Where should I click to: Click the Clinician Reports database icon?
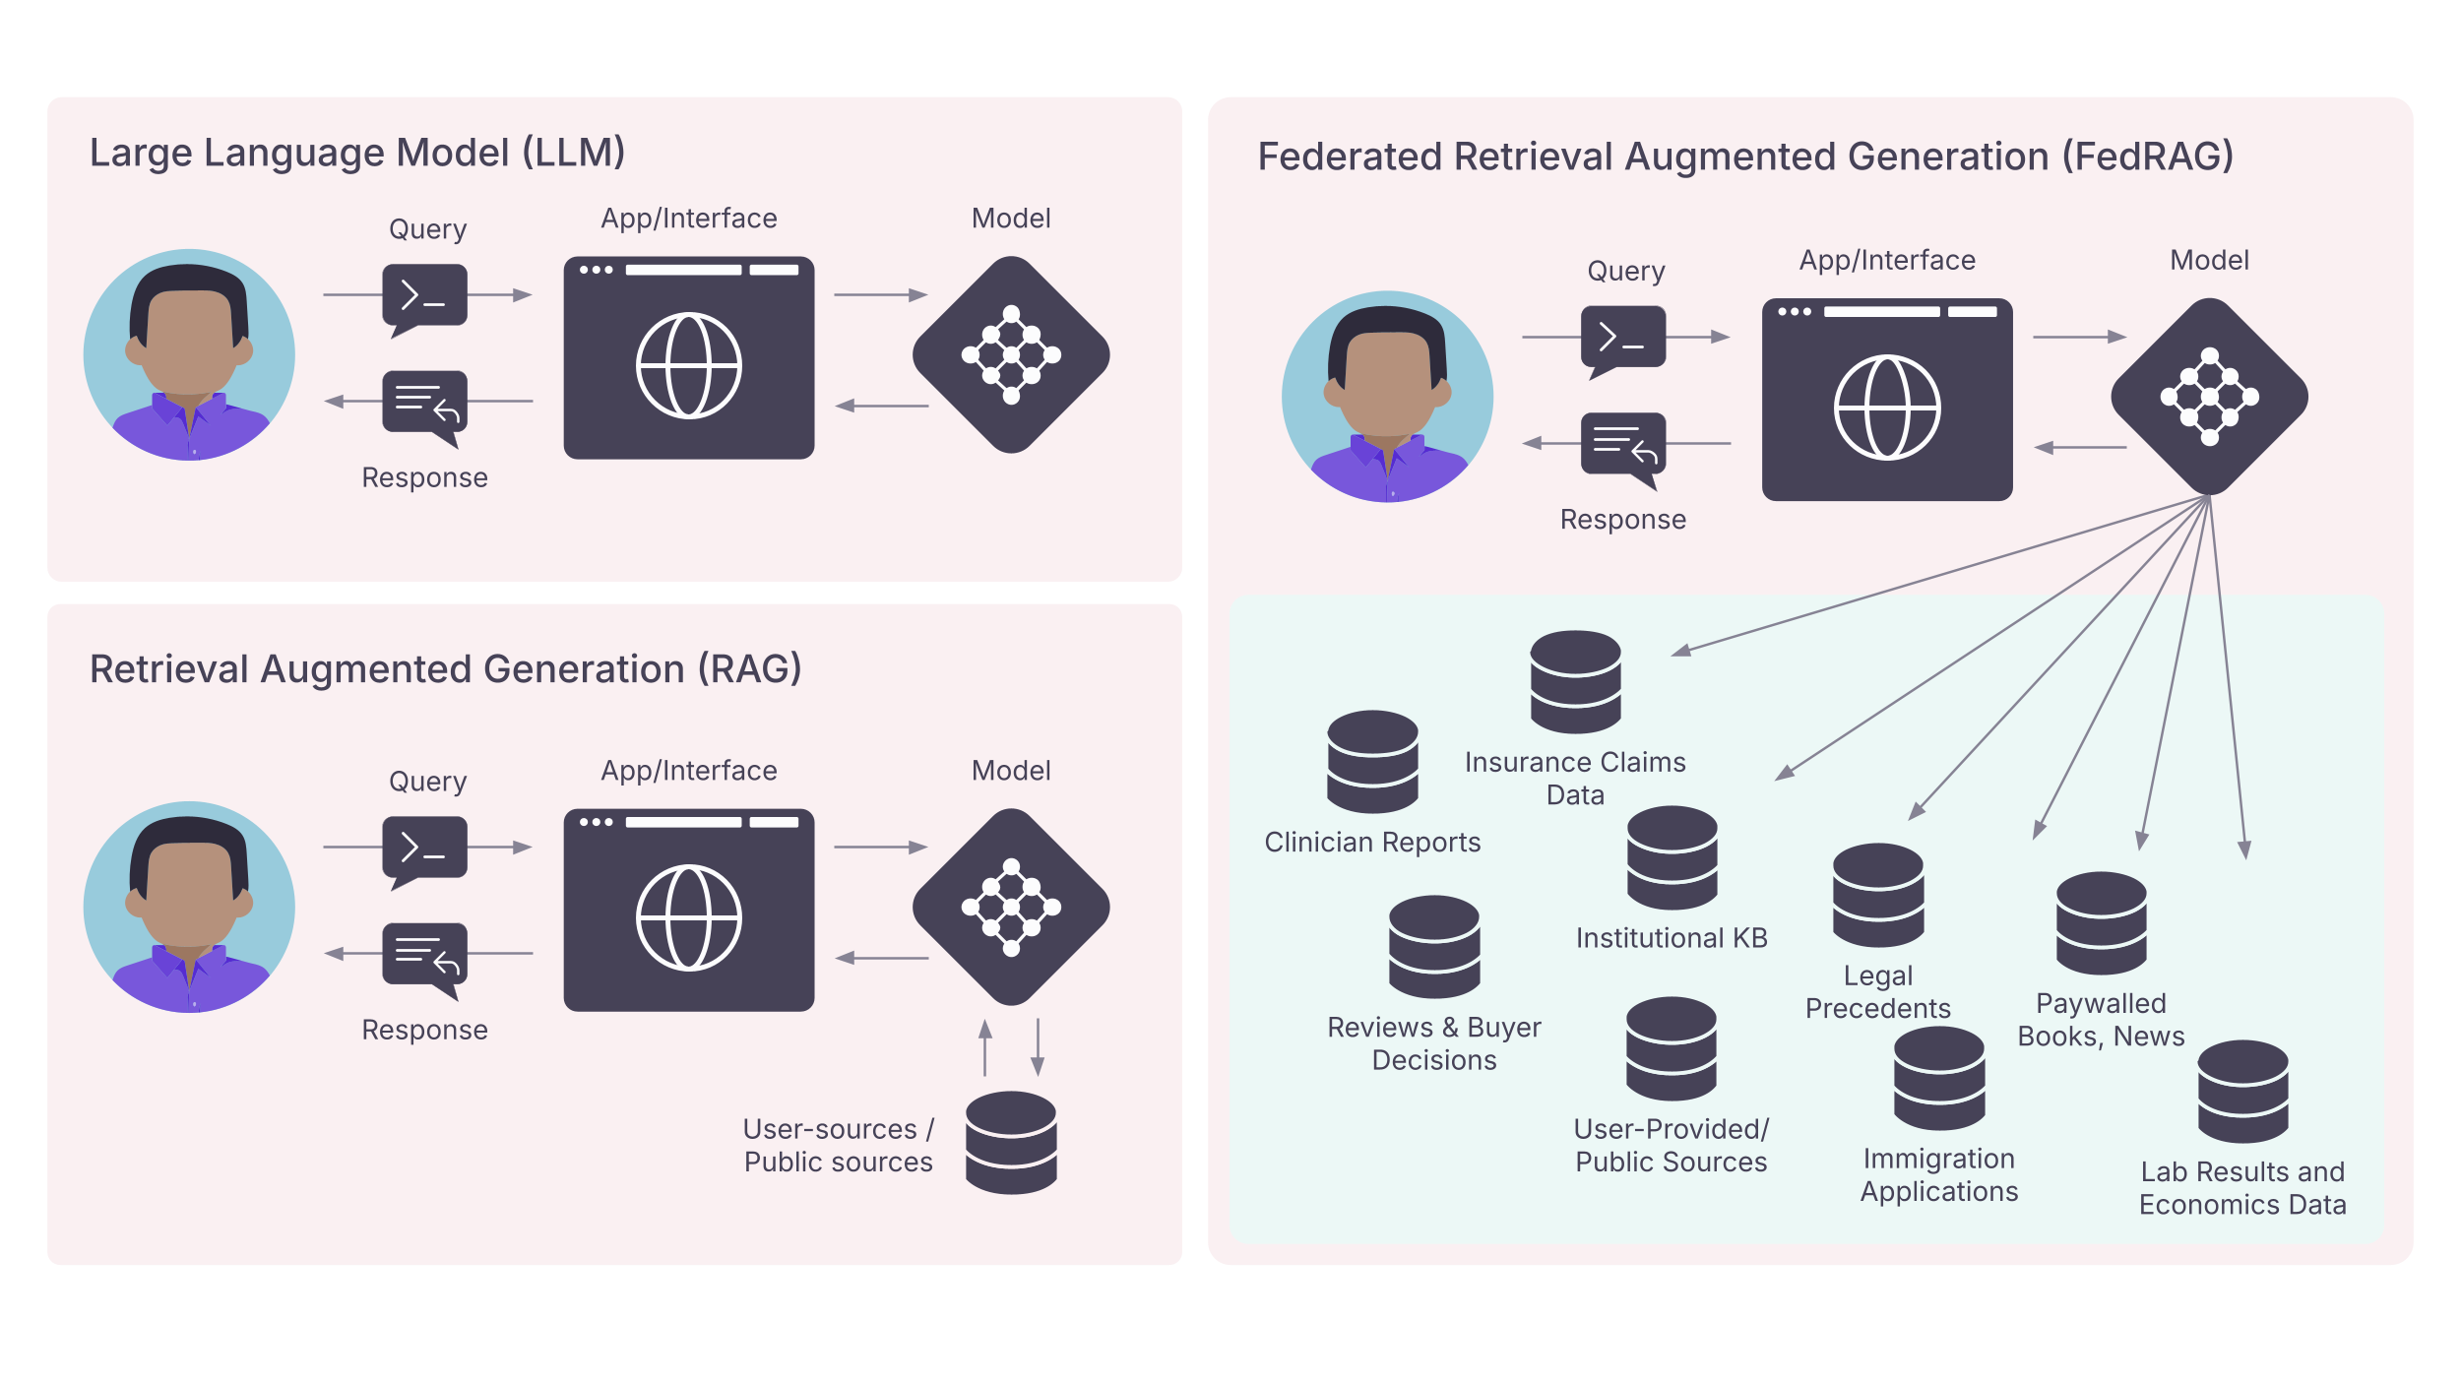(1372, 761)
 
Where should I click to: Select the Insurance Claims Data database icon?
(1575, 681)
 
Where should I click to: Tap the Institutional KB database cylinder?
(1672, 857)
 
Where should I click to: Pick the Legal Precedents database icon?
(1877, 895)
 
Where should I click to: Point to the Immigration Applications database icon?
(1938, 1078)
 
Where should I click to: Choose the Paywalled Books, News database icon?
(2101, 922)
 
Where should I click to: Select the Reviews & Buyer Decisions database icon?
(1433, 946)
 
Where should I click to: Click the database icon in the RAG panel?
(1011, 1142)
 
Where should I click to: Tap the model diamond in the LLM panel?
(1011, 354)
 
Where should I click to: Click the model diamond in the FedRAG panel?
(2209, 397)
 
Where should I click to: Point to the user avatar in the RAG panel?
(189, 907)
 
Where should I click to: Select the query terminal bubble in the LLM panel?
(424, 296)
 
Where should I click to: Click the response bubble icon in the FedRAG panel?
(1623, 446)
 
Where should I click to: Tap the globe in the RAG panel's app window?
(688, 917)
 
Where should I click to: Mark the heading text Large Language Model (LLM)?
(357, 153)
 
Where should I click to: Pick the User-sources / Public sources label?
(838, 1145)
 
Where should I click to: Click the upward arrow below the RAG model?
(984, 1047)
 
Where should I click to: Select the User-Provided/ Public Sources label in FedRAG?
(1671, 1145)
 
